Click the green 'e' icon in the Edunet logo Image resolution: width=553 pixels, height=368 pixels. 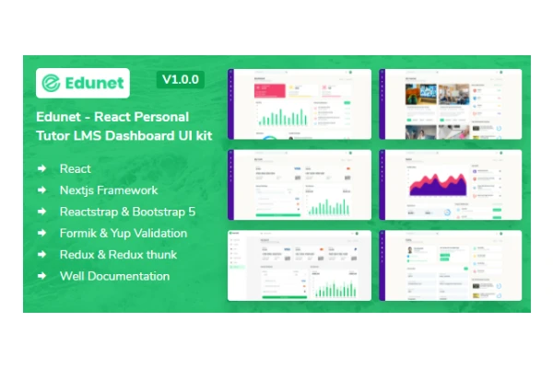click(x=52, y=84)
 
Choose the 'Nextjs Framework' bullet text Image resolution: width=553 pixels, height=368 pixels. click(x=109, y=190)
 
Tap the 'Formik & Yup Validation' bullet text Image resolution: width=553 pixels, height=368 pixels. click(x=124, y=233)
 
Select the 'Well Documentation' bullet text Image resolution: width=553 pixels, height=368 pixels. click(x=114, y=275)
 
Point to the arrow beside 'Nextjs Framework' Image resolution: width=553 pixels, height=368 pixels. click(x=42, y=190)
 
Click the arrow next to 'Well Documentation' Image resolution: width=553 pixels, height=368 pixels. click(x=42, y=275)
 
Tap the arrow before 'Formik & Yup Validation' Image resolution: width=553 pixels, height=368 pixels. click(x=42, y=233)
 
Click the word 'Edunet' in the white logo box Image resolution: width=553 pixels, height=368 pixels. click(x=95, y=84)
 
